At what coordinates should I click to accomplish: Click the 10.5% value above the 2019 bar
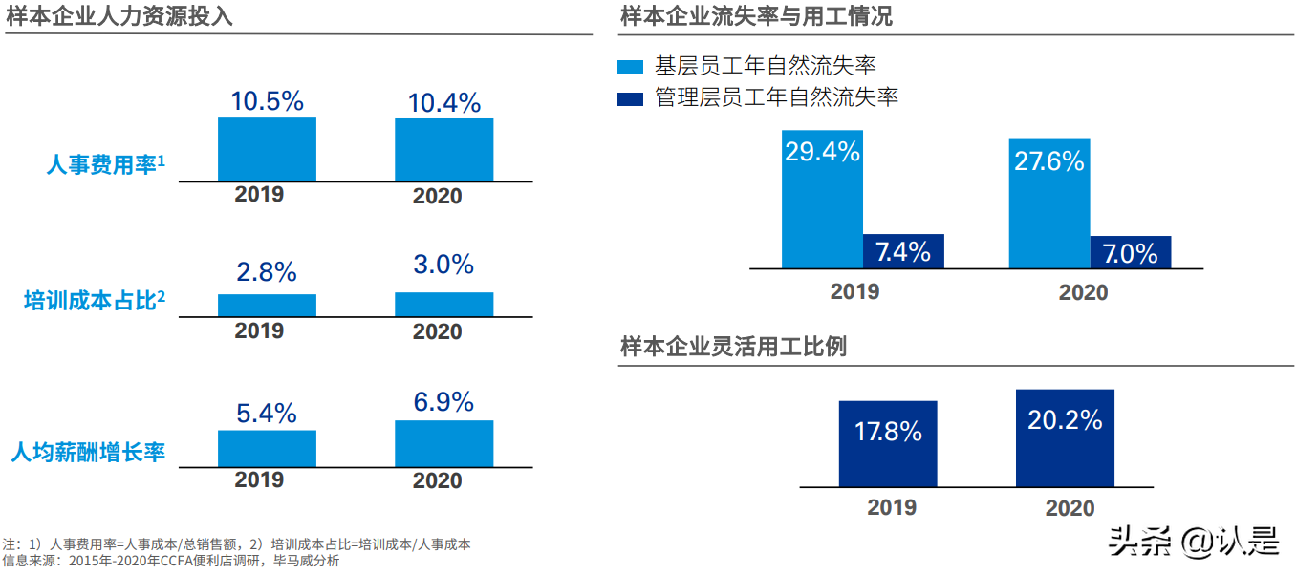(267, 100)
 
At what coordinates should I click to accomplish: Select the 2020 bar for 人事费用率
(443, 150)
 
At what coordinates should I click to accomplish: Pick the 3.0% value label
(443, 265)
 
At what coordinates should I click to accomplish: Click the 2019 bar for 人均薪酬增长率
(267, 448)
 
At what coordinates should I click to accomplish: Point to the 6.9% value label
(443, 402)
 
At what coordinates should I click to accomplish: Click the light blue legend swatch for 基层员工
(631, 67)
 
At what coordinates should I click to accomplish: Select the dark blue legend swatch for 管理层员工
(631, 98)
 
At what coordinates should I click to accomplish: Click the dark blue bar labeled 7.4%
(903, 251)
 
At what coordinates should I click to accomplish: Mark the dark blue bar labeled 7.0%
(1131, 252)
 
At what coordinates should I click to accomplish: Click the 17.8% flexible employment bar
(888, 443)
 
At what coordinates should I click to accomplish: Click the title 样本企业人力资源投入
(119, 16)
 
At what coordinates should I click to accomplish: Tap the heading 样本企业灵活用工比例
(733, 347)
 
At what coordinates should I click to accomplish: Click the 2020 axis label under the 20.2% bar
(1070, 508)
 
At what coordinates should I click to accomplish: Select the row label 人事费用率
(105, 165)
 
